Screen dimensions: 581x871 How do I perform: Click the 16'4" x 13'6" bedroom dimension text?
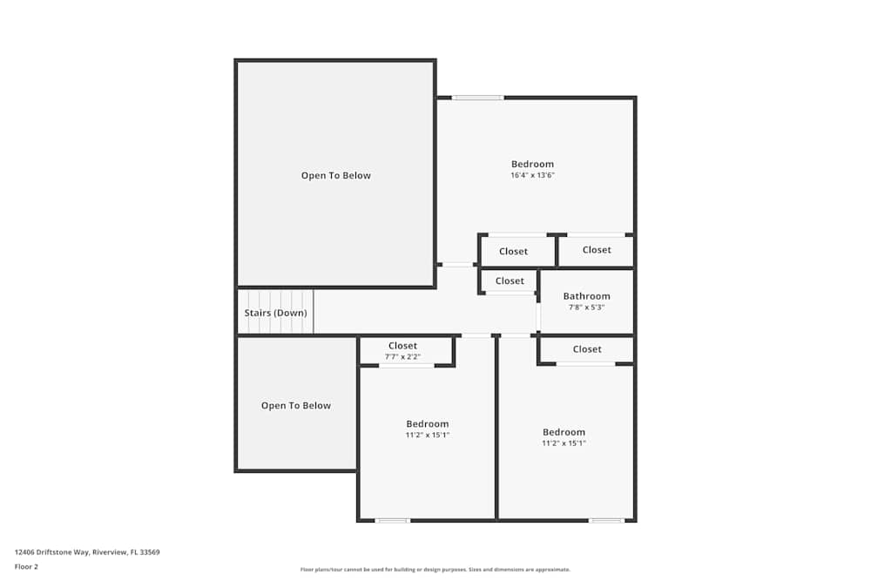pos(532,175)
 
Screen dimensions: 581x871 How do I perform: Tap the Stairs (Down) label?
pos(275,313)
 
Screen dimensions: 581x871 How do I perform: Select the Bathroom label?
pos(586,296)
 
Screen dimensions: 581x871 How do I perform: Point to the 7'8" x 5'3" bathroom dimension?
pos(586,307)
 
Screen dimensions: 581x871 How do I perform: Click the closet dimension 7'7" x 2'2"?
pos(402,357)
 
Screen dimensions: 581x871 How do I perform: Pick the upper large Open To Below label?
pos(335,176)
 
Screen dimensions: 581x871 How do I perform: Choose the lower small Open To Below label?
pos(296,406)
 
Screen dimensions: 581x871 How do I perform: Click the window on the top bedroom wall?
pos(477,98)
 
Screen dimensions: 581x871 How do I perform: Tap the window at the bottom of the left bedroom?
pos(392,521)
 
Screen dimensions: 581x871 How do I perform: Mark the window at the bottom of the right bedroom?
pos(606,521)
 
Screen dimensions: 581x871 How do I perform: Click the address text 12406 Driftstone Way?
pos(87,552)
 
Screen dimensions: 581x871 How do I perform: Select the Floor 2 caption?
pos(26,566)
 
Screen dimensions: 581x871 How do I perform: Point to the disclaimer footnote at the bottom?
pos(435,570)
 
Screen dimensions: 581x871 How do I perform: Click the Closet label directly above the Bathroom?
pos(597,250)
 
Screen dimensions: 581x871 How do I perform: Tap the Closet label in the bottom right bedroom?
pos(587,349)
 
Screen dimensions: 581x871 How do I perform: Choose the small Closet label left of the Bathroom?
pos(510,281)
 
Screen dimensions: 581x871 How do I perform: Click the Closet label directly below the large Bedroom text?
pos(513,252)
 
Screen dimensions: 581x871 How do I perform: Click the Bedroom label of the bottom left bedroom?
pos(427,424)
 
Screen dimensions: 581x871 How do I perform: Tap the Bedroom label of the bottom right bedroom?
pos(564,432)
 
